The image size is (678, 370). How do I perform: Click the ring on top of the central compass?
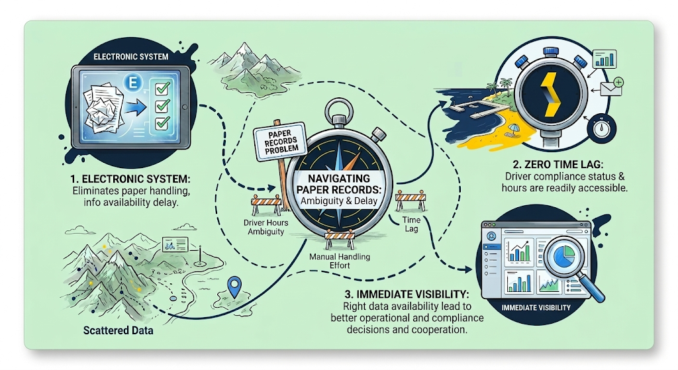pos(339,109)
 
